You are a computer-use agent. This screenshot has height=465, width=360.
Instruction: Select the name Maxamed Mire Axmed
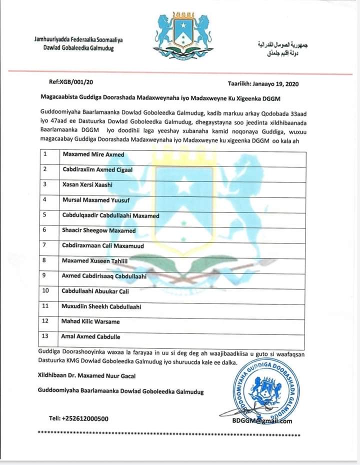tap(93, 154)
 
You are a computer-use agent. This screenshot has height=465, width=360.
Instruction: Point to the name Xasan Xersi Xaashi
tap(87, 184)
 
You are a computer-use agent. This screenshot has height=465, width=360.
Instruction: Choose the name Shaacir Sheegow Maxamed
tap(98, 230)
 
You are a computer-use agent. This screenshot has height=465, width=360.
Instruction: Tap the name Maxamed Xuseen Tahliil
tap(95, 260)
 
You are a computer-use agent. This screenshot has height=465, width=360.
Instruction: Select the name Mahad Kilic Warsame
tap(90, 321)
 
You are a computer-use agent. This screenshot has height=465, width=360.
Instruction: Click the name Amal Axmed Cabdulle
tap(90, 336)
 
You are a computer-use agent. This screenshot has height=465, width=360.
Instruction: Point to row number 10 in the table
tap(46, 291)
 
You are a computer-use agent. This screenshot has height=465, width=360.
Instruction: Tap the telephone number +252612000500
tap(79, 419)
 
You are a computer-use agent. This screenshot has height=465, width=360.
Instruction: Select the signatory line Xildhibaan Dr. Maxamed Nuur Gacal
tap(86, 376)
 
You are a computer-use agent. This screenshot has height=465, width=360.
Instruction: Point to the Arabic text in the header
tap(282, 48)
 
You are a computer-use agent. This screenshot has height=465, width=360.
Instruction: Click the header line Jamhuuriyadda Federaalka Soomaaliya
tap(78, 39)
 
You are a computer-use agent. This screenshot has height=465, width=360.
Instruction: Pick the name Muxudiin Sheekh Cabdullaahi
tap(101, 306)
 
